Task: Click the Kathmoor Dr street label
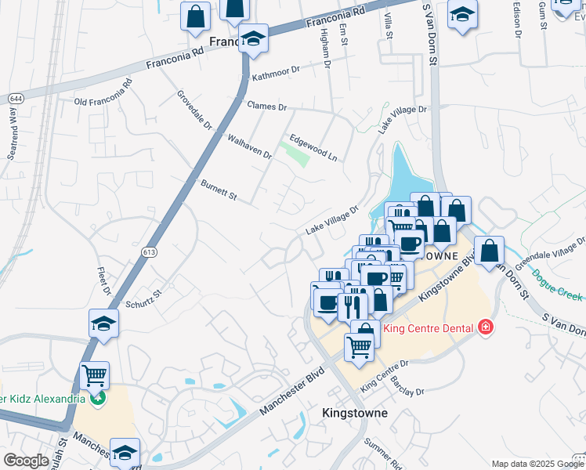tap(276, 70)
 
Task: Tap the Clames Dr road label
tap(267, 106)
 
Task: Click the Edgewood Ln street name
tap(313, 146)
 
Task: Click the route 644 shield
tap(16, 98)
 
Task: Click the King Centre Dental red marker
tap(486, 326)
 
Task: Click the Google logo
tap(26, 461)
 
